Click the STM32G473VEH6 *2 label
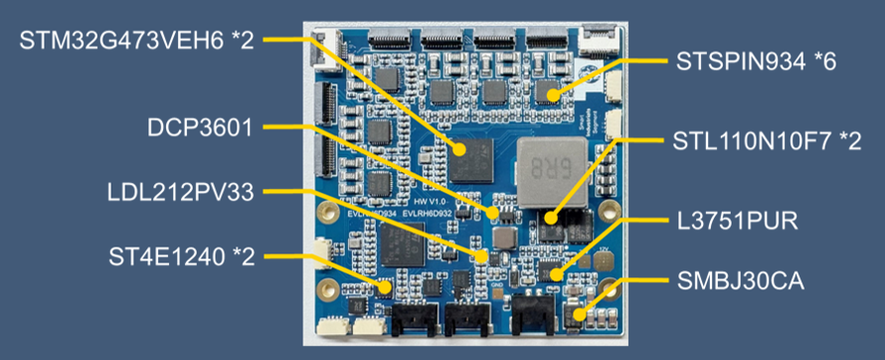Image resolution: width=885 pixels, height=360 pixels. pos(136,41)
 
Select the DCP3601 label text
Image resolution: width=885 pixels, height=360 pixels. pos(200,127)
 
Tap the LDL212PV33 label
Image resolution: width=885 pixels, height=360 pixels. pos(181,192)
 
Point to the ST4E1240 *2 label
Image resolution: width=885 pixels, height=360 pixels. pos(182,258)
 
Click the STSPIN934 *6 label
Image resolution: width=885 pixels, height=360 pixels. pos(756,62)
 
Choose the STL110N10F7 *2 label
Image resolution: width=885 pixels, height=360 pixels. pos(768,141)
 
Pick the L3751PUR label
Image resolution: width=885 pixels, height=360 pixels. pos(738,221)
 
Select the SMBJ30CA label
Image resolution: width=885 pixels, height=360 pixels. pos(740,281)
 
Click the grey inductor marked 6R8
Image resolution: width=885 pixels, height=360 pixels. pos(553,171)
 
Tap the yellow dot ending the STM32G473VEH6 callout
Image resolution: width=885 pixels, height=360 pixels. pos(459,149)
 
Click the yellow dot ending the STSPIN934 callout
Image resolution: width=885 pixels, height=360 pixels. pos(553,94)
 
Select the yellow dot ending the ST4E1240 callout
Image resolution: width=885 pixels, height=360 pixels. pos(385,287)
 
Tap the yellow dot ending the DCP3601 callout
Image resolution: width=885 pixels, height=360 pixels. pos(493,213)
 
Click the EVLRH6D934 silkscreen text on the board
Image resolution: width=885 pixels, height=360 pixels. pos(368,213)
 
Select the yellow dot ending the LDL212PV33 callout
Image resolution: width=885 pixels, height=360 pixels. pos(481,257)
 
